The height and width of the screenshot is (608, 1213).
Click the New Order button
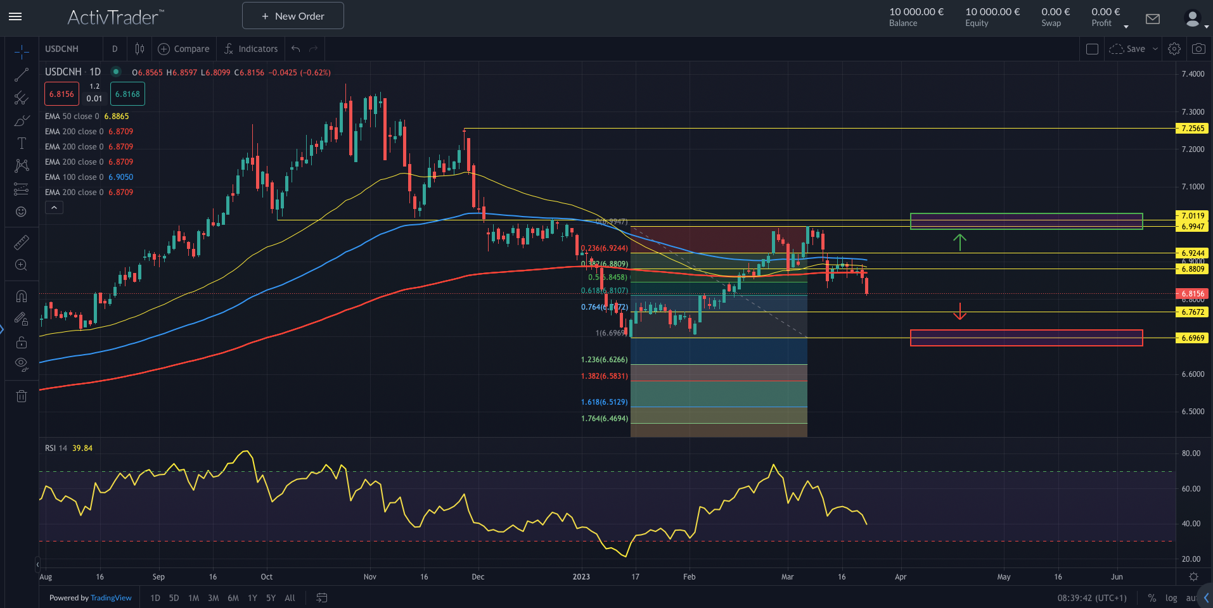click(x=293, y=16)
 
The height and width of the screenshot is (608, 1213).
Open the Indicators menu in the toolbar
click(x=251, y=49)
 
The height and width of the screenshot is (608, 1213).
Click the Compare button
click(x=183, y=49)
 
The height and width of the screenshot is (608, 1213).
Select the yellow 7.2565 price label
click(x=1192, y=129)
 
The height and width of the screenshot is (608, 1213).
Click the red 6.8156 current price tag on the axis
click(x=1192, y=294)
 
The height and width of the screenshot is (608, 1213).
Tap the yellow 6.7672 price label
click(x=1192, y=312)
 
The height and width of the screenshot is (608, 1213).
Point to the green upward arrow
click(x=960, y=242)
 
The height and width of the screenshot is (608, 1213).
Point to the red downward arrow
click(x=960, y=311)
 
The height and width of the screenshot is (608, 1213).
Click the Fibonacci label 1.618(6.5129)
click(x=604, y=402)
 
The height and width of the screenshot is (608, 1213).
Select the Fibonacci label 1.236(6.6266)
click(x=604, y=360)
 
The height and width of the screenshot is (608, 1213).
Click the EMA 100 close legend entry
click(x=89, y=177)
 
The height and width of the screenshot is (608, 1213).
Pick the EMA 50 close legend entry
click(x=87, y=117)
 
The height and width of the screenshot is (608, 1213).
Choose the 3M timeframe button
click(x=214, y=598)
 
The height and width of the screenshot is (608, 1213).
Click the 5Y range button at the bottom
click(x=271, y=598)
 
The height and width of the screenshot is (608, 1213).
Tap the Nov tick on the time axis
click(x=370, y=577)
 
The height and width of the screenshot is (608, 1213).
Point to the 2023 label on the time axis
click(x=581, y=577)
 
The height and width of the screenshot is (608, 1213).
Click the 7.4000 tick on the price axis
click(x=1193, y=74)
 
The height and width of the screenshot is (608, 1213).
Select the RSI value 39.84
click(x=82, y=448)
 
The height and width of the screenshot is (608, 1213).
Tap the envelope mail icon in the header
click(x=1153, y=19)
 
